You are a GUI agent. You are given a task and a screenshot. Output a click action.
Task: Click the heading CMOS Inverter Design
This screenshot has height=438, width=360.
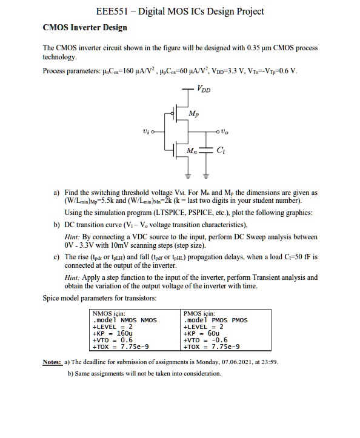pos(85,27)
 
